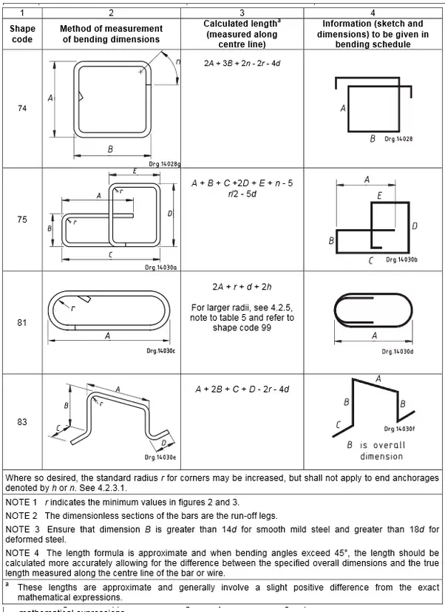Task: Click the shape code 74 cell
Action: click(22, 108)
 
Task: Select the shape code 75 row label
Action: click(22, 220)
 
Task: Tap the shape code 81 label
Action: click(22, 323)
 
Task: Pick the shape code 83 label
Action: click(22, 422)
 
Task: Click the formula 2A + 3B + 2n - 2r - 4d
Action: click(242, 64)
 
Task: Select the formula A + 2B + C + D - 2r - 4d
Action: click(242, 389)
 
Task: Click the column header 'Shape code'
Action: click(22, 33)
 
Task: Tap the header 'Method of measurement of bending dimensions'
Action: click(111, 33)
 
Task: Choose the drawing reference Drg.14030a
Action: click(160, 267)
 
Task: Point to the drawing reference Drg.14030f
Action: click(399, 429)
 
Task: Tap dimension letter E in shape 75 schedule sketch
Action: click(379, 196)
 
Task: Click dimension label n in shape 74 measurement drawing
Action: click(177, 62)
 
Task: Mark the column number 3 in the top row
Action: click(242, 13)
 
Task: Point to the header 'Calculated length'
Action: click(240, 24)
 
